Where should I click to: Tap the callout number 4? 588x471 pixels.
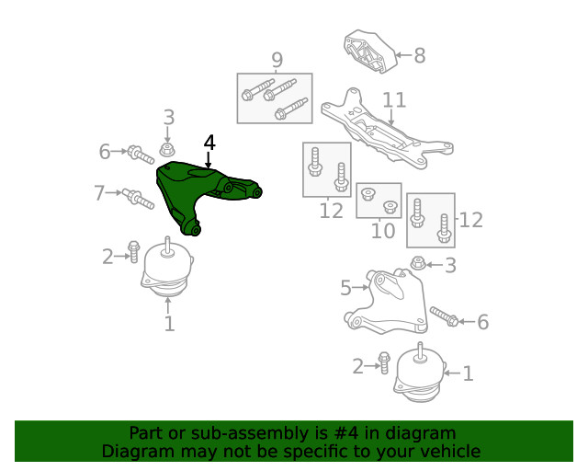[209, 143]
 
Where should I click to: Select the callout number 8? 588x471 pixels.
[420, 56]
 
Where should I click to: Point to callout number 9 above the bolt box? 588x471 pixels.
[276, 61]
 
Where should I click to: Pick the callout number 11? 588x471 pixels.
[394, 99]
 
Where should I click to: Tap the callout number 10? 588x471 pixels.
[383, 230]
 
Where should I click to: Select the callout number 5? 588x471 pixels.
[345, 289]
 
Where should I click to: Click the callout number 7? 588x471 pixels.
[99, 193]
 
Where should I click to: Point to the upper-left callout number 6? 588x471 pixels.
[105, 151]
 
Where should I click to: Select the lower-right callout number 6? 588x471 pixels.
[483, 322]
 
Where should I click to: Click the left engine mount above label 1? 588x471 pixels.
[167, 273]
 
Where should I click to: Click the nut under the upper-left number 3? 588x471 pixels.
[167, 149]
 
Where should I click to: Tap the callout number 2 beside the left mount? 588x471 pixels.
[107, 256]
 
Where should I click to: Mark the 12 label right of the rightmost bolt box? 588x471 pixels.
[471, 220]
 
